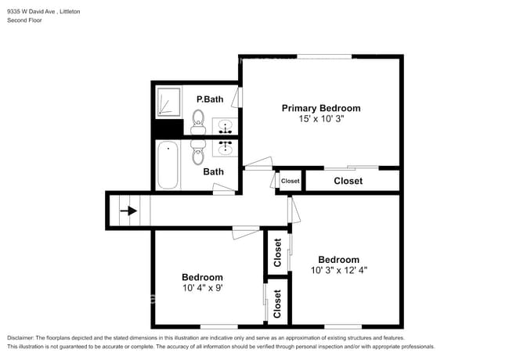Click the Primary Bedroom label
(x=321, y=108)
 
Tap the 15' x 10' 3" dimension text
(x=321, y=119)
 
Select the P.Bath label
(x=210, y=99)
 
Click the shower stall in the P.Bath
(x=169, y=102)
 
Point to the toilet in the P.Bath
(x=198, y=122)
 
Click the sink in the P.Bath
(x=225, y=126)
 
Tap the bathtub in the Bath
(x=168, y=165)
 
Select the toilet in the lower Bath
(x=197, y=152)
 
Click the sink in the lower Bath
(x=225, y=148)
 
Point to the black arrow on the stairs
(x=128, y=211)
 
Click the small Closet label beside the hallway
(x=291, y=181)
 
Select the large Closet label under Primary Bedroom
(x=348, y=181)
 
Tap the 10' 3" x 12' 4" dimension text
(x=339, y=270)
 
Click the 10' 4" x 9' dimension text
(x=203, y=288)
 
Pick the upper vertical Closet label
(x=277, y=253)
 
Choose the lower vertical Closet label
(x=277, y=304)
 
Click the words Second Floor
(x=25, y=20)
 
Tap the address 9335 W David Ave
(x=32, y=12)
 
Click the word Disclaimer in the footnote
(x=20, y=338)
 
